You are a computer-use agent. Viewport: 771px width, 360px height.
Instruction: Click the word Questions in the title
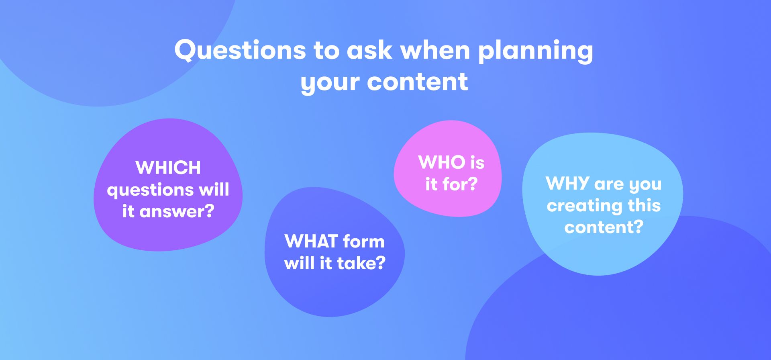coord(240,50)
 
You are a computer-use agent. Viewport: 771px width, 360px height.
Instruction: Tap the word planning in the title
coord(535,51)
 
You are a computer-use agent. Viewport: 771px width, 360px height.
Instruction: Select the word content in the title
coord(418,82)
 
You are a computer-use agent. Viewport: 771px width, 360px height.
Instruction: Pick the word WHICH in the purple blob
coord(168,168)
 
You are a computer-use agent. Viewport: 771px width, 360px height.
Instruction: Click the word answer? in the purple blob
coord(177,212)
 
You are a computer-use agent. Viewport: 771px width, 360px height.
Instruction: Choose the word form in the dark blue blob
coord(364,241)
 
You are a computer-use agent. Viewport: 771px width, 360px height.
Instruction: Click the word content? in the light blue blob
coord(604,227)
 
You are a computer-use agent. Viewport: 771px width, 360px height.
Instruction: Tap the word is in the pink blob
coord(478,162)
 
